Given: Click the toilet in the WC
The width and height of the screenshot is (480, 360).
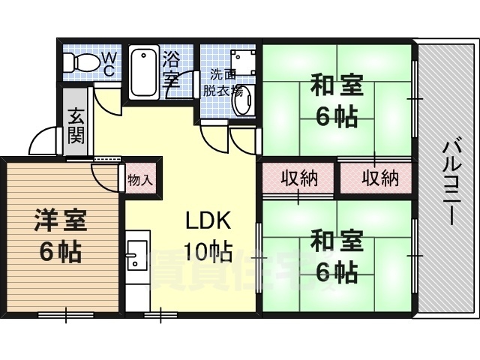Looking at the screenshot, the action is pyautogui.click(x=80, y=63).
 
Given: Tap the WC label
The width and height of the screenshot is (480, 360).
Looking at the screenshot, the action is pyautogui.click(x=109, y=64).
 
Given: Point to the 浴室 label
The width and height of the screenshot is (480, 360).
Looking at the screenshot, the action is pyautogui.click(x=171, y=69).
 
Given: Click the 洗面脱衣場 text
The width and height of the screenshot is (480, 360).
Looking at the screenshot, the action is pyautogui.click(x=223, y=82).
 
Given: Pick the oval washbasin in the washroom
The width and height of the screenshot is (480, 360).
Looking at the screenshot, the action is pyautogui.click(x=244, y=100).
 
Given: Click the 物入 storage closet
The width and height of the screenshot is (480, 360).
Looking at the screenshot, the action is pyautogui.click(x=140, y=178).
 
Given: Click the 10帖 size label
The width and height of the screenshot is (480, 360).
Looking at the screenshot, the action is pyautogui.click(x=208, y=253).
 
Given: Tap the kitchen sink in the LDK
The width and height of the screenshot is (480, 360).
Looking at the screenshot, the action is pyautogui.click(x=138, y=255).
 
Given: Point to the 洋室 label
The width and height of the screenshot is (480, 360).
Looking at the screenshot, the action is pyautogui.click(x=61, y=220).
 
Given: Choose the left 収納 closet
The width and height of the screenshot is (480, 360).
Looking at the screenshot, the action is pyautogui.click(x=298, y=178).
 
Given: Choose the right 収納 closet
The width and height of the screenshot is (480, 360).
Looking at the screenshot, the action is pyautogui.click(x=376, y=178).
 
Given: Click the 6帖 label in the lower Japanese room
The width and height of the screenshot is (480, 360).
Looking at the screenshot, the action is pyautogui.click(x=337, y=271).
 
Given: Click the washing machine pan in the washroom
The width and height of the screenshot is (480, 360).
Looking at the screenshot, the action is pyautogui.click(x=243, y=62).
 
